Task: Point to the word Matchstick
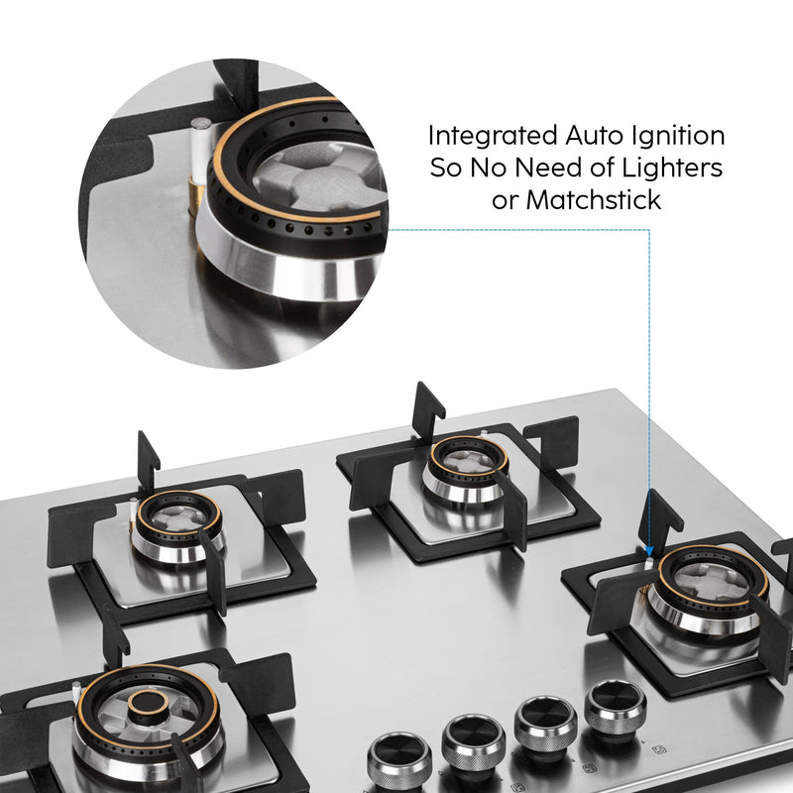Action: [593, 199]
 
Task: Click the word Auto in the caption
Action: [591, 135]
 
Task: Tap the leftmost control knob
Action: [399, 757]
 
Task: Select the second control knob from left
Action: [473, 736]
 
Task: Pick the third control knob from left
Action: [545, 716]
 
